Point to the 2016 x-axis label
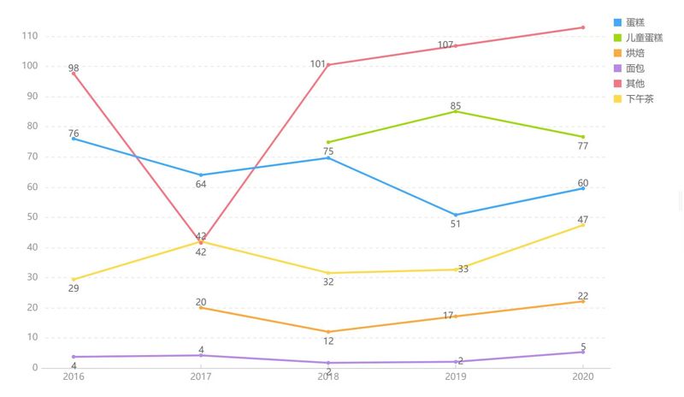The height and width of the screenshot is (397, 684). click(74, 376)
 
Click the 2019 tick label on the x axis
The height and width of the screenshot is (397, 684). click(456, 376)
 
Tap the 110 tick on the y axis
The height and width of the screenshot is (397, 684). click(32, 36)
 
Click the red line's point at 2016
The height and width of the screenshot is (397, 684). click(74, 73)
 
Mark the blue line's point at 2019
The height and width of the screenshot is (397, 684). click(456, 215)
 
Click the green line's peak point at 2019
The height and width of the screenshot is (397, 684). click(456, 111)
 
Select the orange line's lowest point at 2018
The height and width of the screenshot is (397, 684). click(328, 332)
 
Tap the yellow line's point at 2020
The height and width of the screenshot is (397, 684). click(583, 225)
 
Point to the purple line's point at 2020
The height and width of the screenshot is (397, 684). click(583, 352)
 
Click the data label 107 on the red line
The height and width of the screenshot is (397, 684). click(445, 45)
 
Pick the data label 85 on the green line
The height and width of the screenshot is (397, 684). click(456, 106)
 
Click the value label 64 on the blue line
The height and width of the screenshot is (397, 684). click(201, 185)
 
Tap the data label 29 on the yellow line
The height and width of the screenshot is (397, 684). click(74, 288)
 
